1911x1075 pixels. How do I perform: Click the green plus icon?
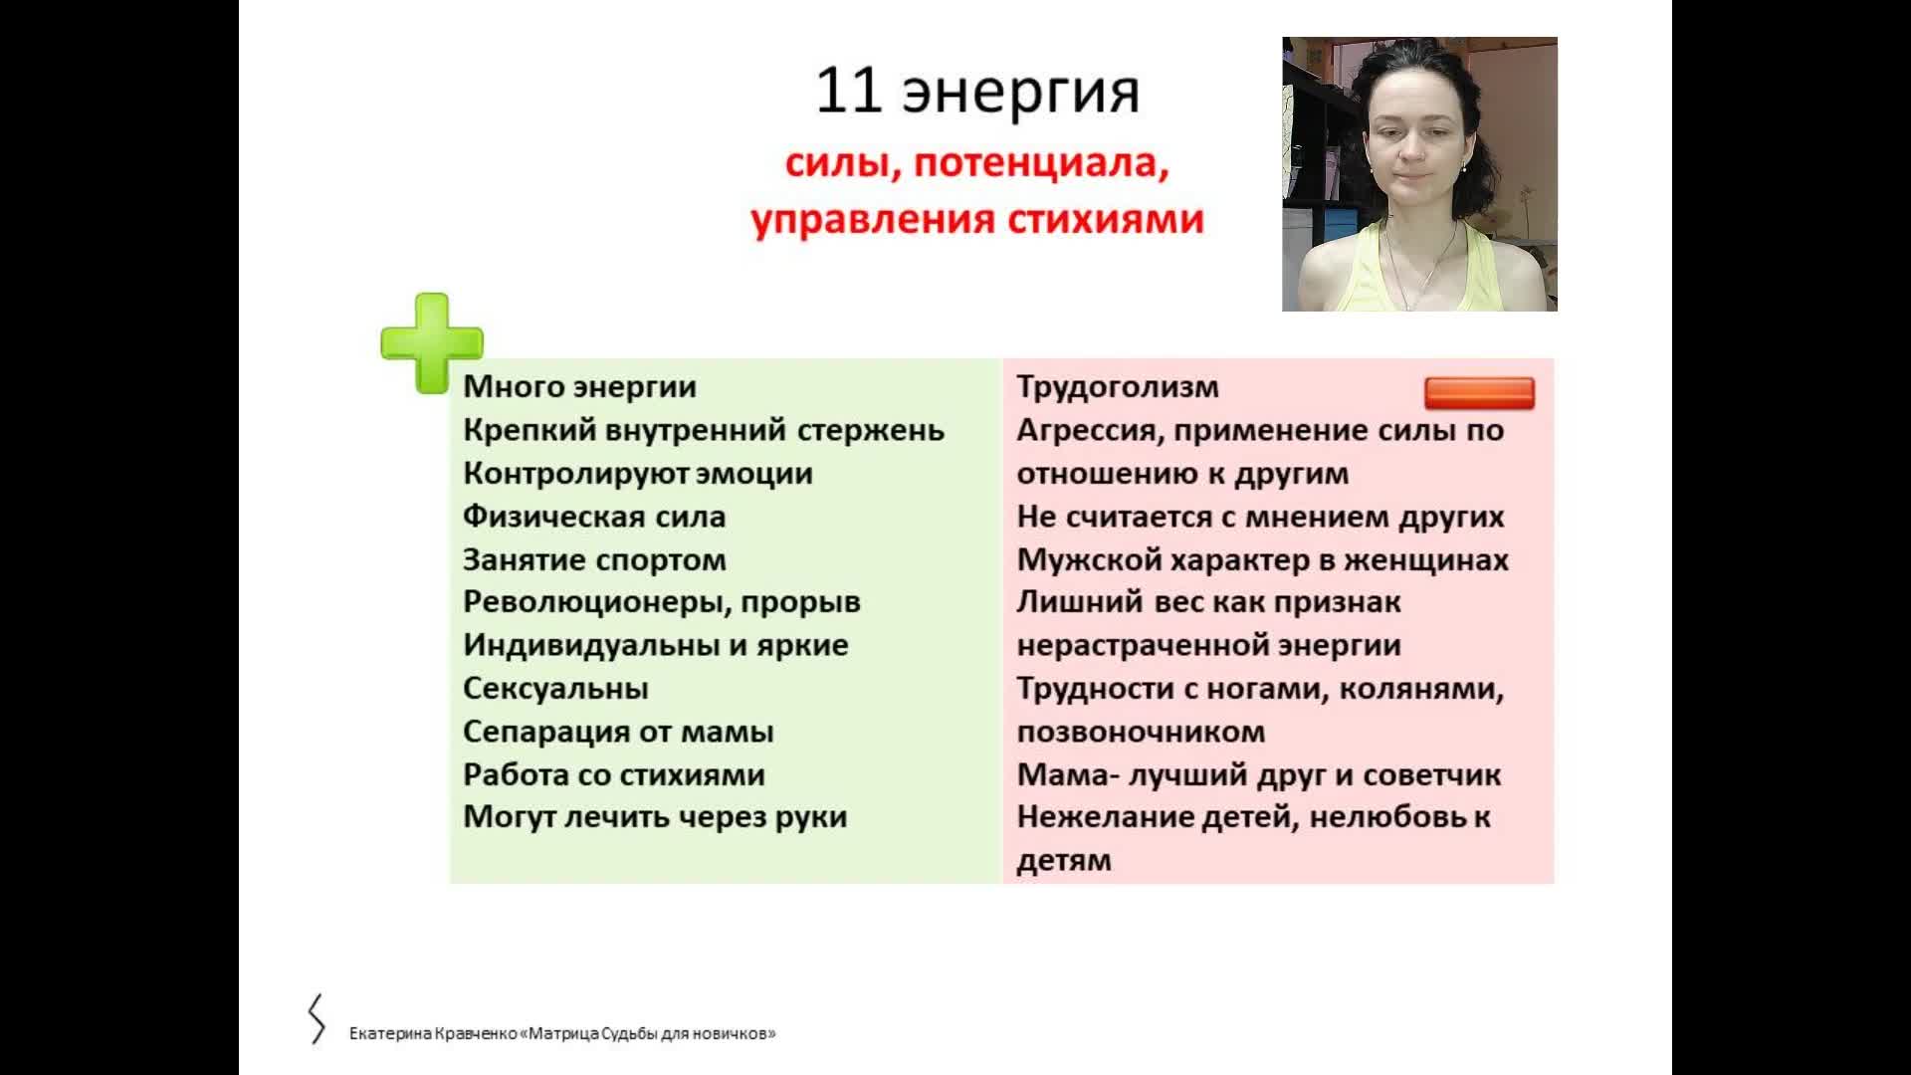[x=432, y=343]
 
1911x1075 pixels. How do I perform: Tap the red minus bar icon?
[x=1479, y=393]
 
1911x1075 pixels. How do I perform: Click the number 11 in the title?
[x=849, y=92]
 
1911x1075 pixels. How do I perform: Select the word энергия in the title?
[x=1020, y=96]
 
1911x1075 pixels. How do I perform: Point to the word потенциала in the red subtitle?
[x=1041, y=163]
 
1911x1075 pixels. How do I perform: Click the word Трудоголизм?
[x=1118, y=387]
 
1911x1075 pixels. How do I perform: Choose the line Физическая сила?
[x=594, y=517]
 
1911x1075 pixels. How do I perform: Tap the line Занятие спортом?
[x=594, y=560]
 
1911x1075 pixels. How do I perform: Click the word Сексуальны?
[x=555, y=689]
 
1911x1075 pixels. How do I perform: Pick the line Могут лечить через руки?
[x=655, y=817]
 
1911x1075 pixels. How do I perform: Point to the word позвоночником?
[x=1141, y=733]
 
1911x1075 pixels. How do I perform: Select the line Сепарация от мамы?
[x=618, y=733]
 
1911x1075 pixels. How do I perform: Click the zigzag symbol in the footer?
[x=317, y=1019]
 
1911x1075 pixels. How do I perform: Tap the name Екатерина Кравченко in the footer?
[x=432, y=1033]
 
